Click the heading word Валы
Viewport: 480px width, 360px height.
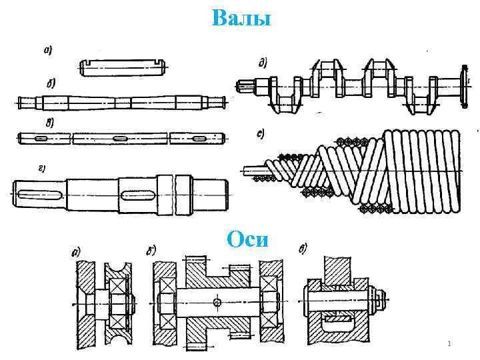(x=241, y=19)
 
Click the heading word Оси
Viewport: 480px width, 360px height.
(x=247, y=239)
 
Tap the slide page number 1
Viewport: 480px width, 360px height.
(x=449, y=343)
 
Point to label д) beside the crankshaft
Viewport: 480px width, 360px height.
(x=263, y=63)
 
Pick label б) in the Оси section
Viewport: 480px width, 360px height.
(x=151, y=251)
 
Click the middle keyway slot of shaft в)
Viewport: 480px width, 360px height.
(x=121, y=138)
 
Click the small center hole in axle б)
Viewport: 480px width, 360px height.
(x=219, y=303)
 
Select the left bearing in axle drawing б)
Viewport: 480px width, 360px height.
(x=165, y=303)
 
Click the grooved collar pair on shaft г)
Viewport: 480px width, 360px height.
(x=175, y=193)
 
